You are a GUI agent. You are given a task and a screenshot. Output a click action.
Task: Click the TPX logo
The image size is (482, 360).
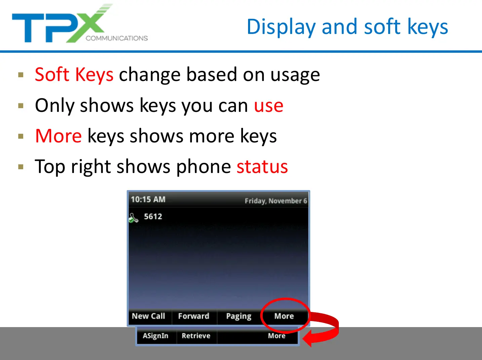[80, 24]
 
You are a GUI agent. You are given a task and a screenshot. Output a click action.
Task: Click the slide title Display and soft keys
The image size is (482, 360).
[348, 27]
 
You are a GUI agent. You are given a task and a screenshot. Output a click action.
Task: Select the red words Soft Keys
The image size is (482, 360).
[74, 75]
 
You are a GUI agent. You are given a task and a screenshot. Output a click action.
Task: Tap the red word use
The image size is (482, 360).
[269, 106]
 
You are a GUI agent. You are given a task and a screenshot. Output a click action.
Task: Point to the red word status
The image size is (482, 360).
[262, 167]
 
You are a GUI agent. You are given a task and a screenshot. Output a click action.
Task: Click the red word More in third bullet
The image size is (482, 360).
[58, 136]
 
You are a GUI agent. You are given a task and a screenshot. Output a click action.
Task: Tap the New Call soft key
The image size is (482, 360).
[149, 316]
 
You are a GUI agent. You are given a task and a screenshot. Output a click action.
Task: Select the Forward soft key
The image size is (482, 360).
[194, 316]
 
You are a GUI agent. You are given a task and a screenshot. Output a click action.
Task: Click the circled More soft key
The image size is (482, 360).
[284, 316]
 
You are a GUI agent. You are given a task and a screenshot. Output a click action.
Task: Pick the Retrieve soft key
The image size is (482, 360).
[196, 335]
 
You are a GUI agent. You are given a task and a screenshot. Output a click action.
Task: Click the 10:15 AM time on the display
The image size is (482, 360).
[148, 199]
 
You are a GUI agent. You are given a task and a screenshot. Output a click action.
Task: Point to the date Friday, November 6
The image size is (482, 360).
[276, 201]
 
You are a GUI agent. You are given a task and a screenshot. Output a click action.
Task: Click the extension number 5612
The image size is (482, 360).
[153, 217]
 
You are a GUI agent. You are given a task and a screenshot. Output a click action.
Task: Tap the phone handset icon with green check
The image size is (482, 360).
[133, 218]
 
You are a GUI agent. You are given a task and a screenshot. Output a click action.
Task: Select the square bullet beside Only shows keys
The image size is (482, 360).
[21, 106]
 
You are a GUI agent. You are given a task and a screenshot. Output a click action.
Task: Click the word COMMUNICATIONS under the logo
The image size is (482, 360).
[117, 38]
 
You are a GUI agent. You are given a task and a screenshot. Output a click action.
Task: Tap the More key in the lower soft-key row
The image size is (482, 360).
[277, 335]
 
